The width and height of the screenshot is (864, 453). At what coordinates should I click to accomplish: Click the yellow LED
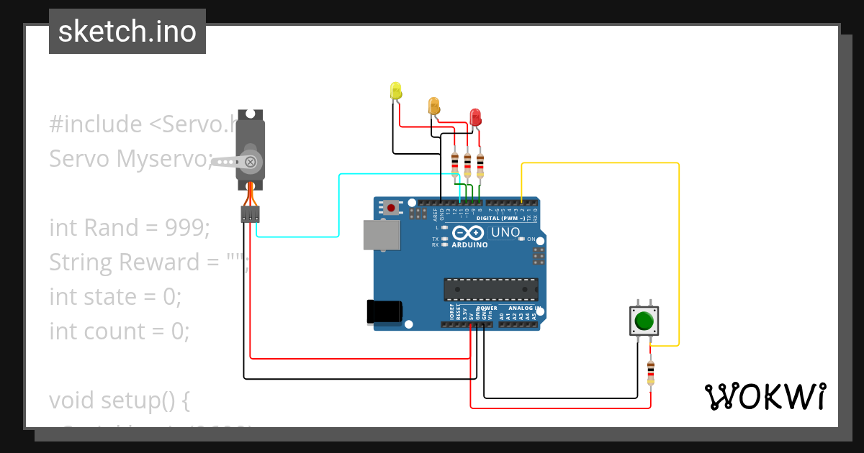(x=395, y=90)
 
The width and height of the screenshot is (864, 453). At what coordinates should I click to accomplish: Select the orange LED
(x=433, y=106)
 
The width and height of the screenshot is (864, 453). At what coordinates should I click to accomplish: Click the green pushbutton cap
(x=644, y=320)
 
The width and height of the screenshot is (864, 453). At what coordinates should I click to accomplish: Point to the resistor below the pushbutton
(x=651, y=372)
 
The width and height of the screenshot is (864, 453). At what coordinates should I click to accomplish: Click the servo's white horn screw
(x=250, y=162)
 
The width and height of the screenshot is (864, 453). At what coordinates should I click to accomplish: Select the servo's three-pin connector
(x=250, y=214)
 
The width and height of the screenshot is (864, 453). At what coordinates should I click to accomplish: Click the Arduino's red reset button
(x=390, y=208)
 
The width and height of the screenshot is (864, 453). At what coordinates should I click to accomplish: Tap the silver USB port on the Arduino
(x=382, y=235)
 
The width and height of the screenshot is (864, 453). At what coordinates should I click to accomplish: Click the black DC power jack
(x=384, y=311)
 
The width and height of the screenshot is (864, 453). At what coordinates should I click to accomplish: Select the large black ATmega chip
(x=490, y=289)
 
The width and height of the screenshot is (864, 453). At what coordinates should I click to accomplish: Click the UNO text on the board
(x=505, y=232)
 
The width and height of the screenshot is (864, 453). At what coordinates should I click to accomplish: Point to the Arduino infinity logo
(x=469, y=233)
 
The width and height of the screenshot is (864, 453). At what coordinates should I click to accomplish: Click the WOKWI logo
(x=765, y=396)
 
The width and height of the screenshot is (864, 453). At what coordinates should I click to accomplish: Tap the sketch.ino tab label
(x=127, y=32)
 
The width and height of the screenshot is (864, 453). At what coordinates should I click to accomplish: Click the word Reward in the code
(x=160, y=262)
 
